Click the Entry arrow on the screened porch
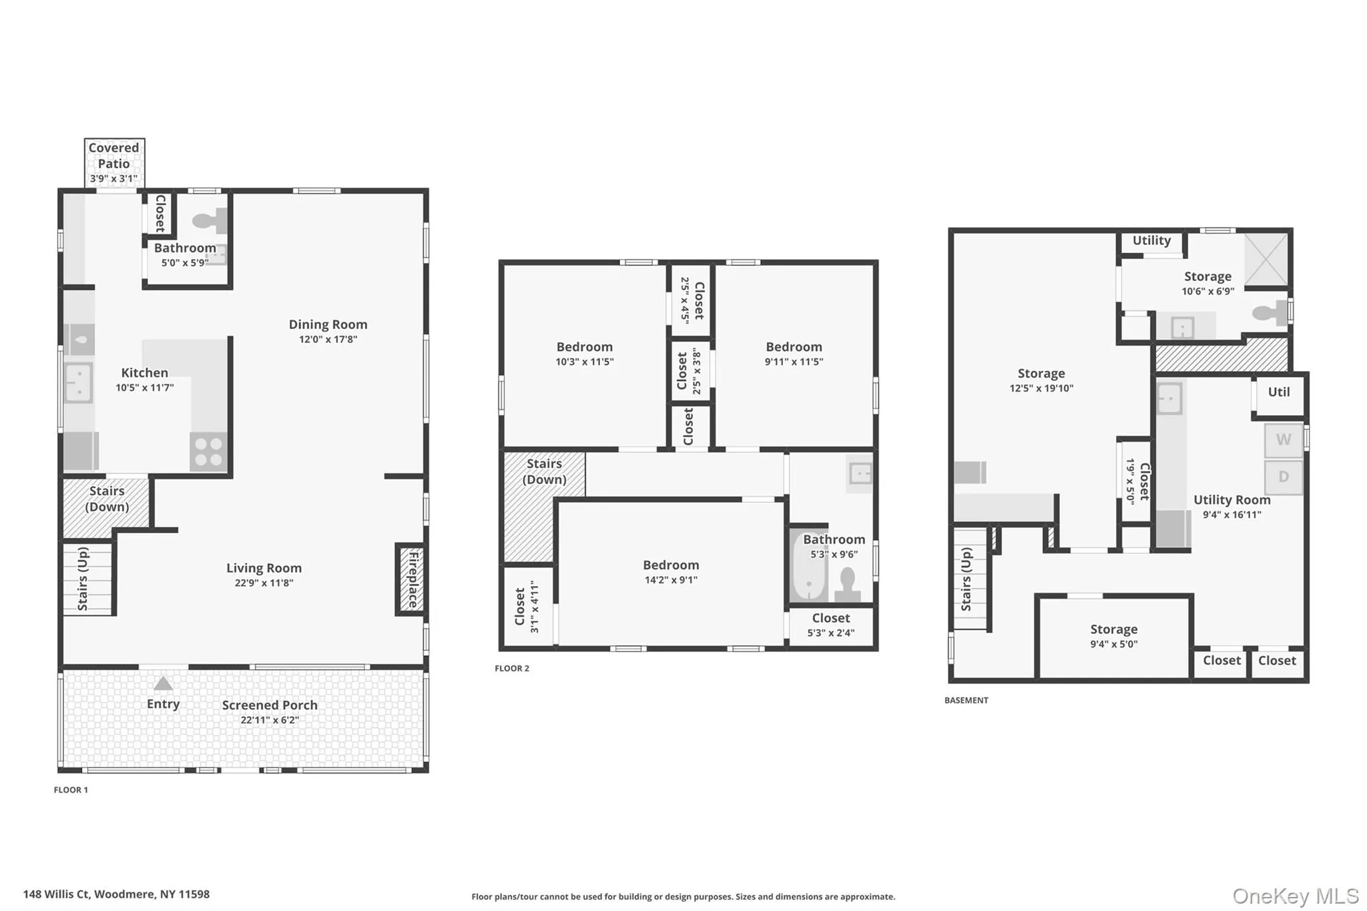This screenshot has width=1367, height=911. click(164, 684)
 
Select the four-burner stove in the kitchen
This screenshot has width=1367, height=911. click(208, 452)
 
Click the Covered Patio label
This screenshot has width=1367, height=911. click(114, 156)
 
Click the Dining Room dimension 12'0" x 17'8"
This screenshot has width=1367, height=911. click(328, 339)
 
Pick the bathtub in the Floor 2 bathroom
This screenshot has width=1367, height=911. click(808, 567)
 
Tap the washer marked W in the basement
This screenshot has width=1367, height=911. click(1284, 440)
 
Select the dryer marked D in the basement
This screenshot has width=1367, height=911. click(1284, 477)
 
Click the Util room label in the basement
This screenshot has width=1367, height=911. click(1279, 392)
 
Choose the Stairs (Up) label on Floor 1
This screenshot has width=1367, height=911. click(83, 579)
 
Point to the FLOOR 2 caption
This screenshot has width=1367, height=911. click(512, 668)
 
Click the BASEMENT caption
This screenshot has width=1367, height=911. click(967, 700)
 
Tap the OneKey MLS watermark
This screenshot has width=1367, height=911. click(1296, 896)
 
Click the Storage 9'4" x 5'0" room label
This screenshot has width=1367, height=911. click(1114, 636)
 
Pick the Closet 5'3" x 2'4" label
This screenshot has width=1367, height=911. click(831, 625)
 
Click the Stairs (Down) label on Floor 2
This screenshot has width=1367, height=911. click(545, 471)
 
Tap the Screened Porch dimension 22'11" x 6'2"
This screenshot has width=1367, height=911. click(270, 720)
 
